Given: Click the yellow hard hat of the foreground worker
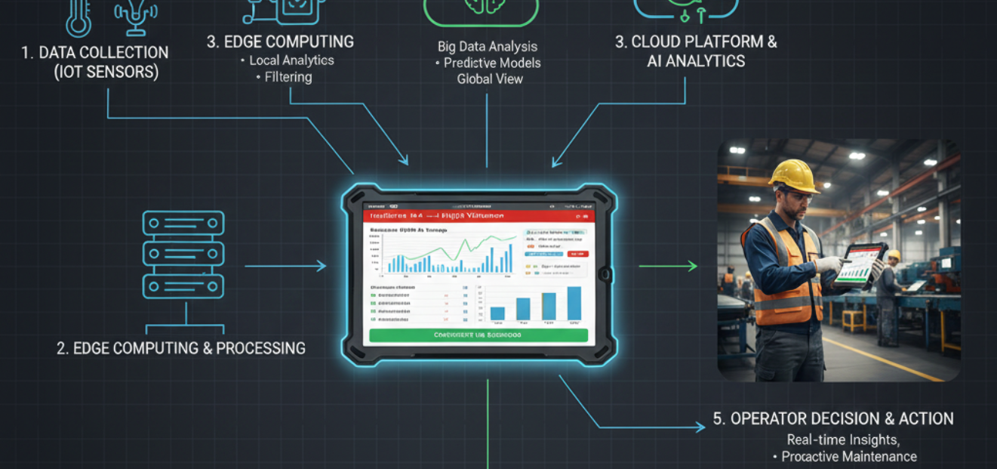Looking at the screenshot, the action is (793, 174).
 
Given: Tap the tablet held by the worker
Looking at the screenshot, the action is (860, 264).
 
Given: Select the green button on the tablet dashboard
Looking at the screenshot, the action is (478, 335).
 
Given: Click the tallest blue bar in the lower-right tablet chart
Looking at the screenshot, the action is (574, 303).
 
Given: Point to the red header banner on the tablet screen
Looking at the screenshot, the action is (478, 215).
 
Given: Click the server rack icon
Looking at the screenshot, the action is (183, 255).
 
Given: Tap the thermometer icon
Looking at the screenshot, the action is (78, 17).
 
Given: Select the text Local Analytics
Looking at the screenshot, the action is (291, 60).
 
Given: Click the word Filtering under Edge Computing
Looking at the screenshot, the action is (288, 76).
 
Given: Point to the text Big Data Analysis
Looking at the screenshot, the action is (488, 47).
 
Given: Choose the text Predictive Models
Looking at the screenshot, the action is (492, 63).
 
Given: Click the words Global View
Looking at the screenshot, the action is (490, 79).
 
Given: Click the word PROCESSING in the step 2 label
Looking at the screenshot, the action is (261, 348).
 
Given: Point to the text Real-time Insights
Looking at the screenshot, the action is (843, 440).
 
